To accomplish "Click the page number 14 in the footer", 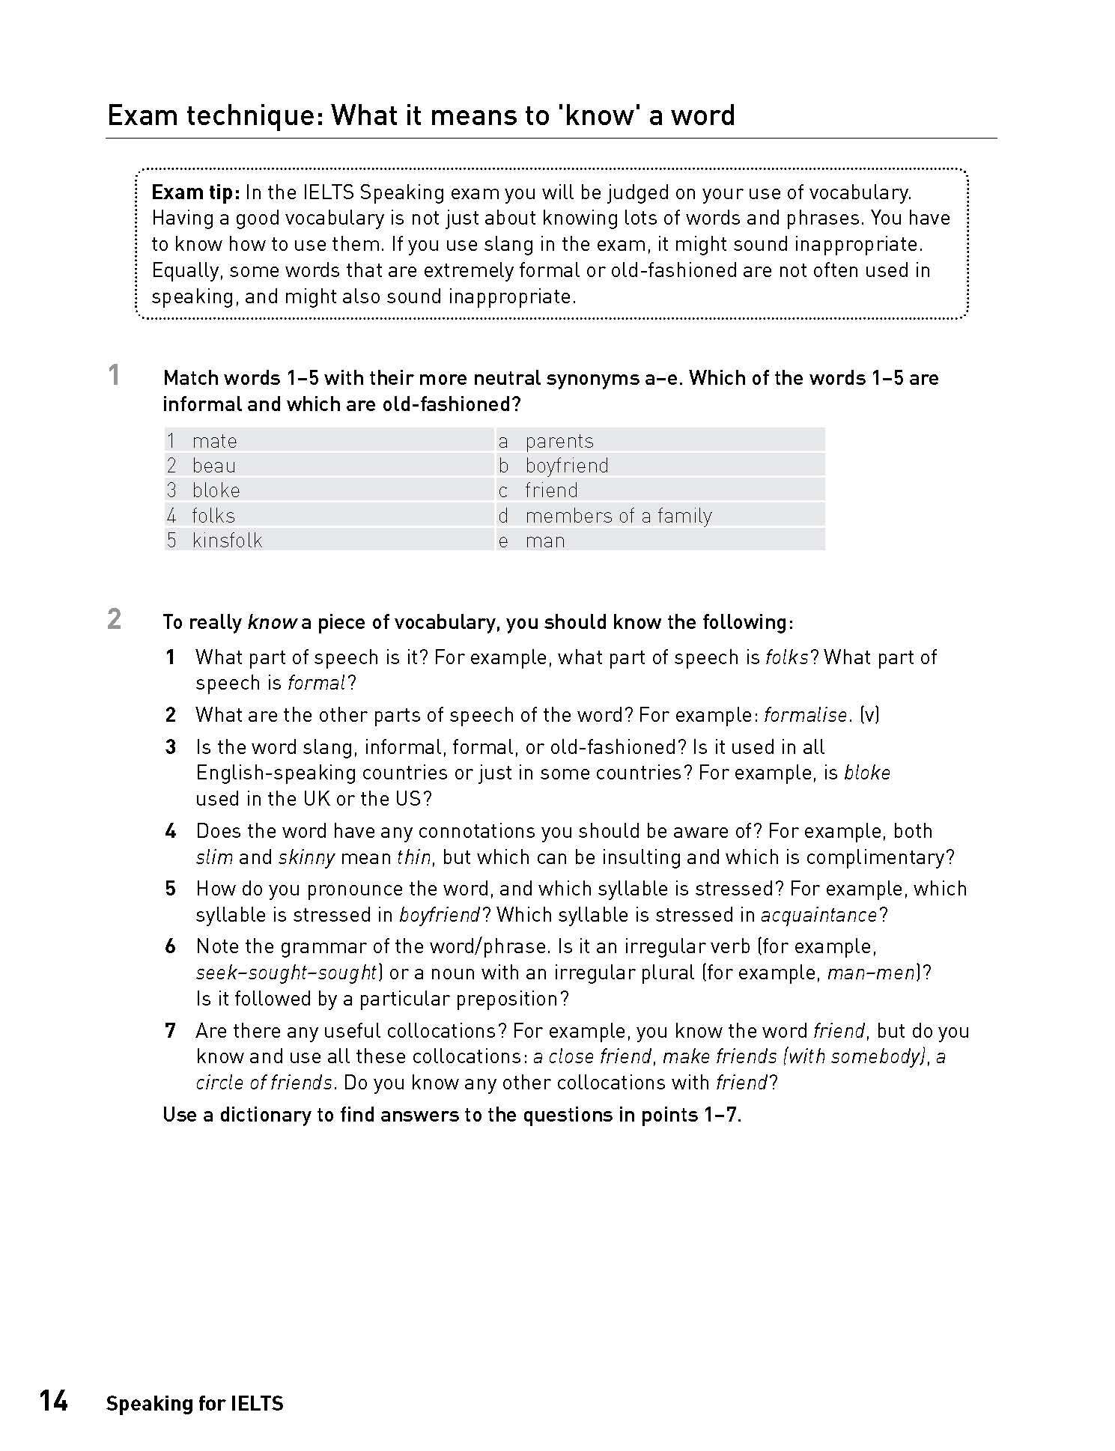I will point(54,1401).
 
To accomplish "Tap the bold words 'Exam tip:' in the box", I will point(195,193).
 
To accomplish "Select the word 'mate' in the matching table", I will point(214,441).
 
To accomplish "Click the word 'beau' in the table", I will point(213,466).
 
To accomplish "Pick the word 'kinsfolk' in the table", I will point(227,541).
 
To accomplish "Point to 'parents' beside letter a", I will point(559,441).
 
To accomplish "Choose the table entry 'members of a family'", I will point(618,516).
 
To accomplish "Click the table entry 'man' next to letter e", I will point(544,541).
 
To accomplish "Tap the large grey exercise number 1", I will point(114,375).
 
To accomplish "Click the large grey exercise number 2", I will point(114,619).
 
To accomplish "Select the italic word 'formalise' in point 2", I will point(805,715).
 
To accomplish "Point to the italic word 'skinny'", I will point(306,857).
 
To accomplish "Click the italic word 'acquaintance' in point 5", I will point(819,915).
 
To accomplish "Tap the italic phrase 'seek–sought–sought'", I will point(286,973).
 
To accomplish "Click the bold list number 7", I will point(171,1031).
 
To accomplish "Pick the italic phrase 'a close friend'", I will point(592,1056).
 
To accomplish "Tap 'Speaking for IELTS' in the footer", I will point(195,1404).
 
